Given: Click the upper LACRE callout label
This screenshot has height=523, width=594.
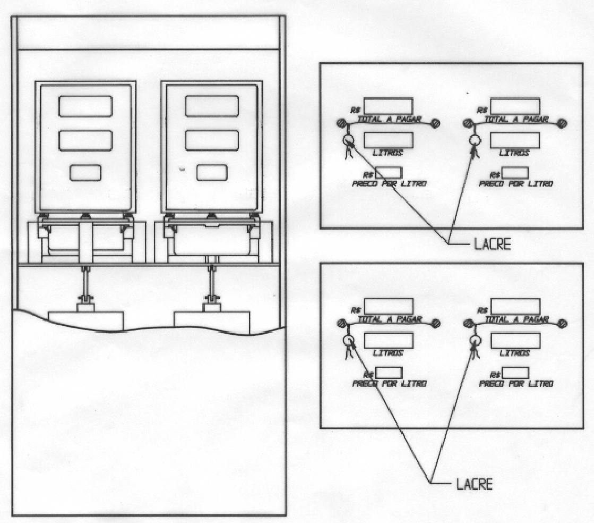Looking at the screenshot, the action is point(493,244).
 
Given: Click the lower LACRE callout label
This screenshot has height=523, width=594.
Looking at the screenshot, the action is point(474,484).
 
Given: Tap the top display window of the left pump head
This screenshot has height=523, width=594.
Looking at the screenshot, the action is point(85,106).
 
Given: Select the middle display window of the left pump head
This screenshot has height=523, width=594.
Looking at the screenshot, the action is point(85,140).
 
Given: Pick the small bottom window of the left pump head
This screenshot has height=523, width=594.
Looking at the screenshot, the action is point(85,173).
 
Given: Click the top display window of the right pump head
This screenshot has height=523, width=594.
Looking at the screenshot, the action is point(212,106).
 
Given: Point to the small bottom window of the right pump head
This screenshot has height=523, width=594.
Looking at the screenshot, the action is point(212,173).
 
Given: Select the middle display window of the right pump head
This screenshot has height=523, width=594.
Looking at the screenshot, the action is point(212,140).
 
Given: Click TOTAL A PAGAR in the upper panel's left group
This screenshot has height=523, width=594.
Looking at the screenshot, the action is point(390,119).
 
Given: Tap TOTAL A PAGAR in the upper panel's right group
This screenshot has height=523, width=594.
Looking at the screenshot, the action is point(516,119).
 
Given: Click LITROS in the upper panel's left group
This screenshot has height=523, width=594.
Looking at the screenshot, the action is point(388,153).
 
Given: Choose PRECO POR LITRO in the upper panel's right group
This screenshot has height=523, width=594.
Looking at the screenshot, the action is point(516,183).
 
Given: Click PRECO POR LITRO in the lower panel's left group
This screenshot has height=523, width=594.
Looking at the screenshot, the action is point(390,383).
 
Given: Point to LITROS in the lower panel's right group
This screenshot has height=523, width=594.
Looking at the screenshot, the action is point(514,353).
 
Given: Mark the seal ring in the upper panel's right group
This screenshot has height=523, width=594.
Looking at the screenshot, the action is point(475,141).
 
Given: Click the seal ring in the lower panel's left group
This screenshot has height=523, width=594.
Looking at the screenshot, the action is point(348,340).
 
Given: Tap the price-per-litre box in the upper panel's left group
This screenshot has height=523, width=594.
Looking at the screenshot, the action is point(388,173).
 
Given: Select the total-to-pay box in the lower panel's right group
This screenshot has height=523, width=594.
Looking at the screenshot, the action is point(515,306).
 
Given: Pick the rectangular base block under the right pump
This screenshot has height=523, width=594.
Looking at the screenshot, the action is point(212,323).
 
